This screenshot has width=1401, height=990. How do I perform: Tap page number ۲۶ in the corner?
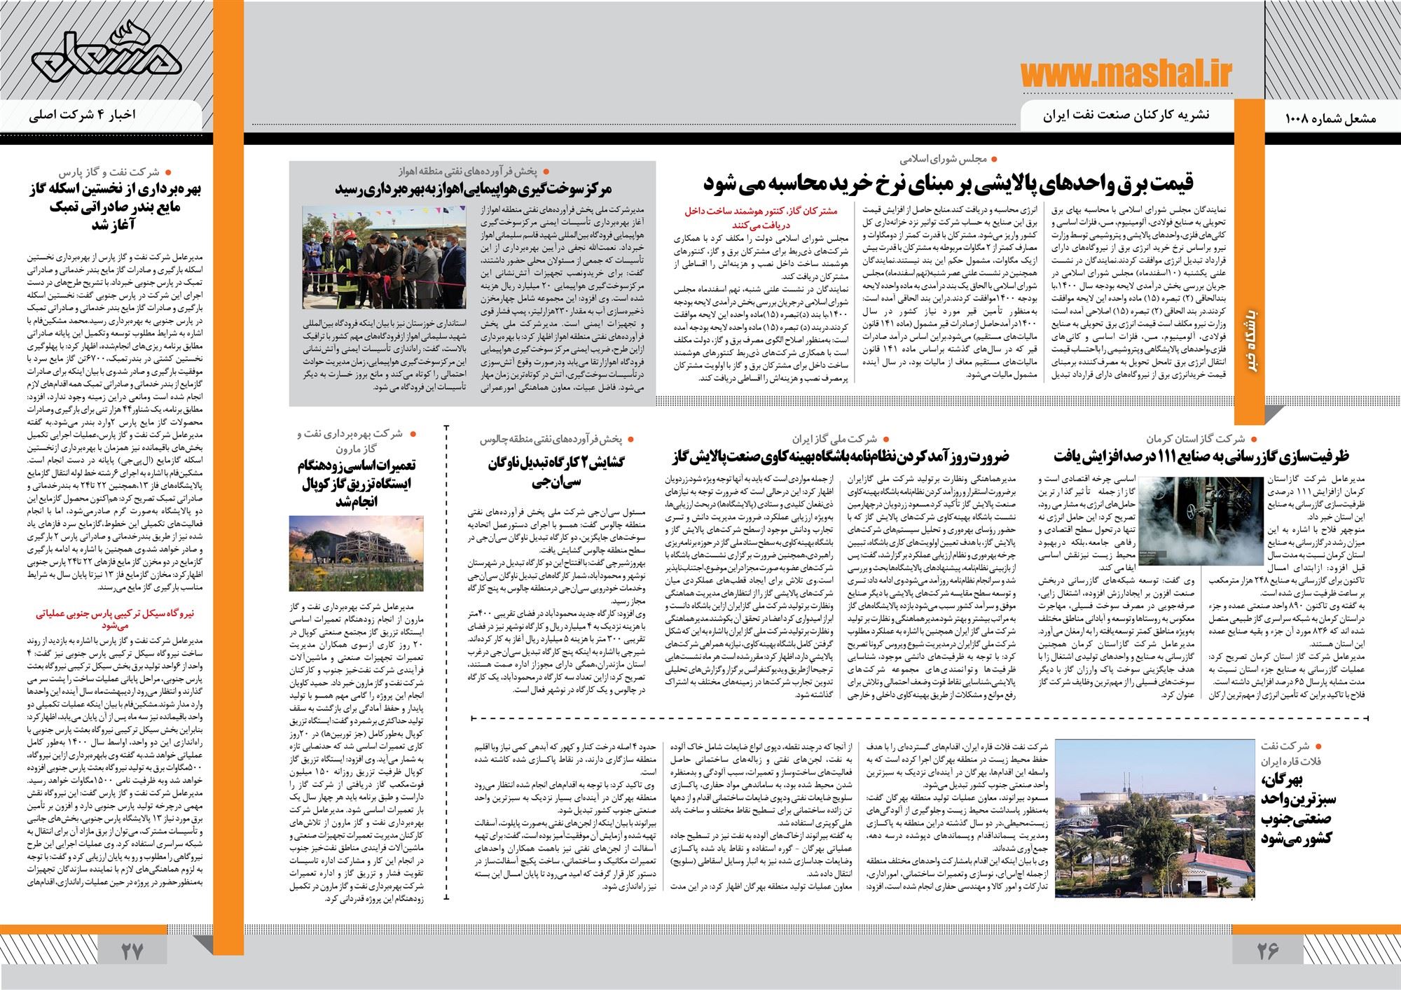coord(1267,951)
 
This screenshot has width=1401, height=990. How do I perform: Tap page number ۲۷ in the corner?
coord(132,951)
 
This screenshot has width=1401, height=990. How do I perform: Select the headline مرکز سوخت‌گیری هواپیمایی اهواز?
coord(474,189)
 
